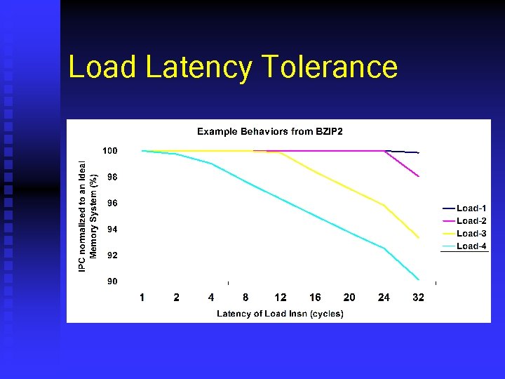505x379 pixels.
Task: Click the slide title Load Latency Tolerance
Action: coord(233,67)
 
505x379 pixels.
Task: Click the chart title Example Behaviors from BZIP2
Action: coord(269,131)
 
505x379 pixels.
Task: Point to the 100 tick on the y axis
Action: coord(110,151)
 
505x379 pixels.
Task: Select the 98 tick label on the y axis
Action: coord(112,178)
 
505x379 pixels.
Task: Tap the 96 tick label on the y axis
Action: coord(112,204)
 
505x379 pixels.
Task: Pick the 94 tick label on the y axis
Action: coord(112,230)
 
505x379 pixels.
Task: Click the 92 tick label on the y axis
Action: coord(112,255)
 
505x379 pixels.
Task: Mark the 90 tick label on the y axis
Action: coord(112,281)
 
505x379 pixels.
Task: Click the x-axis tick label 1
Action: coord(142,298)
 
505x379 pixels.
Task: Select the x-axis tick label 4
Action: coord(211,298)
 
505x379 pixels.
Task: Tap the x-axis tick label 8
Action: coord(245,298)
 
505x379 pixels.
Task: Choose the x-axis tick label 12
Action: coord(280,298)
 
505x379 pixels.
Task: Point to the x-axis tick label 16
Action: coord(315,298)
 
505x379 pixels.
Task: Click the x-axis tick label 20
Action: coord(349,298)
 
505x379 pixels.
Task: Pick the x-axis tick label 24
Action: coord(384,298)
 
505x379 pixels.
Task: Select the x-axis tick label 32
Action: coord(418,298)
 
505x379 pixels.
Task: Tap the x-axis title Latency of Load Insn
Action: coord(280,314)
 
